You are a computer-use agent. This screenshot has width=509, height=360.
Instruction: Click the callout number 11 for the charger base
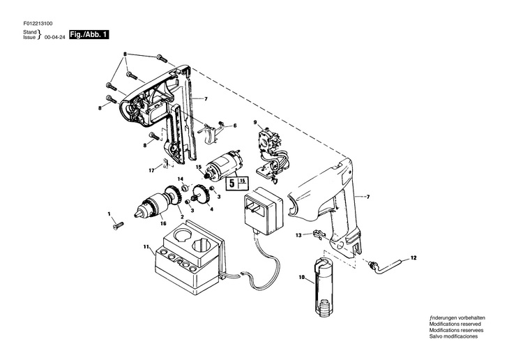tap(146, 247)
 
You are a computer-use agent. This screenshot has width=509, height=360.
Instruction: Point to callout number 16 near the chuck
tap(163, 223)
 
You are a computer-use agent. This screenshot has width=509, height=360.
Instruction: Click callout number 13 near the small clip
tap(298, 235)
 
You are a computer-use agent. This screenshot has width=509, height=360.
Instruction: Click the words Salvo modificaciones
tap(453, 336)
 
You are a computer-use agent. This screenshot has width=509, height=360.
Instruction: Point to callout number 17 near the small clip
tap(150, 170)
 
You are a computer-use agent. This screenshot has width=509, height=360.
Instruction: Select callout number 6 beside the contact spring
tap(235, 126)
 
